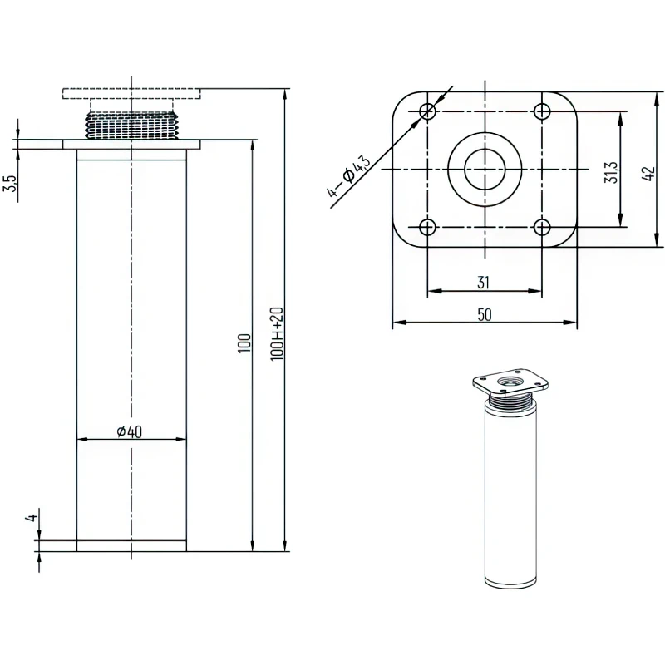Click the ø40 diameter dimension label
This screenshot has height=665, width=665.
click(130, 431)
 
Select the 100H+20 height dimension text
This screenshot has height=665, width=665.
click(277, 334)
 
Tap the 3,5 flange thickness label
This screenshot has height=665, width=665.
click(11, 183)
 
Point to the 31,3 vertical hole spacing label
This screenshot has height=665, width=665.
click(612, 172)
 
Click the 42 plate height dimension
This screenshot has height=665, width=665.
click(648, 174)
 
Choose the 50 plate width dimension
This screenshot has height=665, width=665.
click(485, 315)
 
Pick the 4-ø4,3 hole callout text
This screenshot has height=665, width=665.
click(348, 176)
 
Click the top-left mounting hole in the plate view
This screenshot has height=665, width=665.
click(427, 111)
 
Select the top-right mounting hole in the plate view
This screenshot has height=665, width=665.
click(542, 111)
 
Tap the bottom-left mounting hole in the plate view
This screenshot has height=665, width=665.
click(427, 227)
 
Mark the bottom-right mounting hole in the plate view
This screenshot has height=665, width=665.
click(542, 227)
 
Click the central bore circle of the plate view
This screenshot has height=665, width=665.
click(485, 170)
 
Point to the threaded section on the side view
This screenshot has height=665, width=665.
click(131, 126)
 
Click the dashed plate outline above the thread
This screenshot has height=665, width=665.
click(131, 93)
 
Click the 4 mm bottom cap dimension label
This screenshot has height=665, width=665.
click(32, 518)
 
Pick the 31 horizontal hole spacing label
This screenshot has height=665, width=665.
click(484, 283)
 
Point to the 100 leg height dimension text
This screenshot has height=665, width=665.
click(244, 343)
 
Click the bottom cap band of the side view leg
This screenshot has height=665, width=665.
click(131, 546)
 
